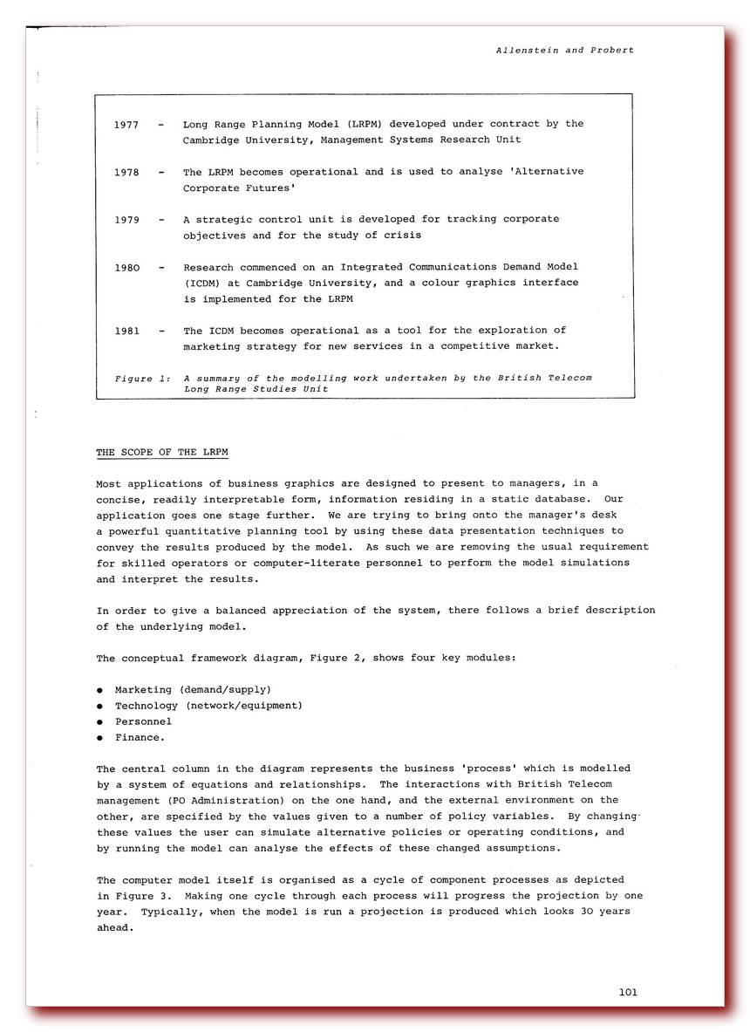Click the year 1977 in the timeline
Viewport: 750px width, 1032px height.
pyautogui.click(x=126, y=125)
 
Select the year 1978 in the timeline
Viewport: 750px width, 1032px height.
pyautogui.click(x=126, y=172)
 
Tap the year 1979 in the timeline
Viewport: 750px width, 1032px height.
pyautogui.click(x=126, y=220)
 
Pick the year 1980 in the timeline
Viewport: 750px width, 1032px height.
pyautogui.click(x=126, y=267)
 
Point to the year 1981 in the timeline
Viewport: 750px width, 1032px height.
pyautogui.click(x=126, y=331)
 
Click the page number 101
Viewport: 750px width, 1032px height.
pyautogui.click(x=628, y=992)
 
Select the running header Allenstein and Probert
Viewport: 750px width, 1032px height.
pyautogui.click(x=564, y=51)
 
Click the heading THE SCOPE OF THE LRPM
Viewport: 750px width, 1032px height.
pyautogui.click(x=162, y=452)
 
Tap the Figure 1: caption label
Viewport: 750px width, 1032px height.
pyautogui.click(x=143, y=379)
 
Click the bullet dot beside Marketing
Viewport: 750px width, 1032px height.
pyautogui.click(x=100, y=690)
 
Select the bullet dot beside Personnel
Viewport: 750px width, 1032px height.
pyautogui.click(x=100, y=722)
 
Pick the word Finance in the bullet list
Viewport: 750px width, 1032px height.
pyautogui.click(x=137, y=738)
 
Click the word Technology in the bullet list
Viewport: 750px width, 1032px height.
pyautogui.click(x=146, y=706)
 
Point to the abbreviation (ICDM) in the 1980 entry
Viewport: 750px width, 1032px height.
pyautogui.click(x=201, y=283)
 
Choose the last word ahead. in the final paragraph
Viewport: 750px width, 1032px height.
pyautogui.click(x=115, y=928)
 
